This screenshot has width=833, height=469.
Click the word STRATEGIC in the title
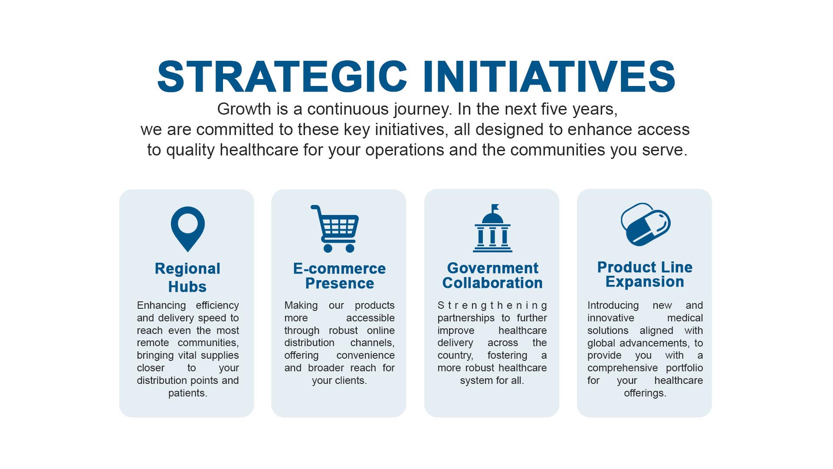[x=282, y=76]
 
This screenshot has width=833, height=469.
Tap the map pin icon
[x=187, y=229]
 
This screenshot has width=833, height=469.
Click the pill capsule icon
[x=646, y=225]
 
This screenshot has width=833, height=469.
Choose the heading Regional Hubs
[x=187, y=277]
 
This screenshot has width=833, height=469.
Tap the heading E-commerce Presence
[x=339, y=276]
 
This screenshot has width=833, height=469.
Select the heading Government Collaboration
[x=492, y=275]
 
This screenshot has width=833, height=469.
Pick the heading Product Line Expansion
[x=645, y=274]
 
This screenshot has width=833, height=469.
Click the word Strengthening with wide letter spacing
[x=492, y=306]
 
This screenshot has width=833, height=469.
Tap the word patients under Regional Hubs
[x=187, y=393]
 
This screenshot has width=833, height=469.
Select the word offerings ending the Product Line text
[x=645, y=393]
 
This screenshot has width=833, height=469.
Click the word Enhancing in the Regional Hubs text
[x=161, y=306]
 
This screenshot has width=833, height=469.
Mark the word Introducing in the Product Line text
[x=613, y=306]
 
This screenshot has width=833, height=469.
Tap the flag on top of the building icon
[x=495, y=207]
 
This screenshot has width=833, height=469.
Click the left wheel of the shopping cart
[x=328, y=248]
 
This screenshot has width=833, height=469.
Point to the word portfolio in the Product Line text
[x=685, y=368]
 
